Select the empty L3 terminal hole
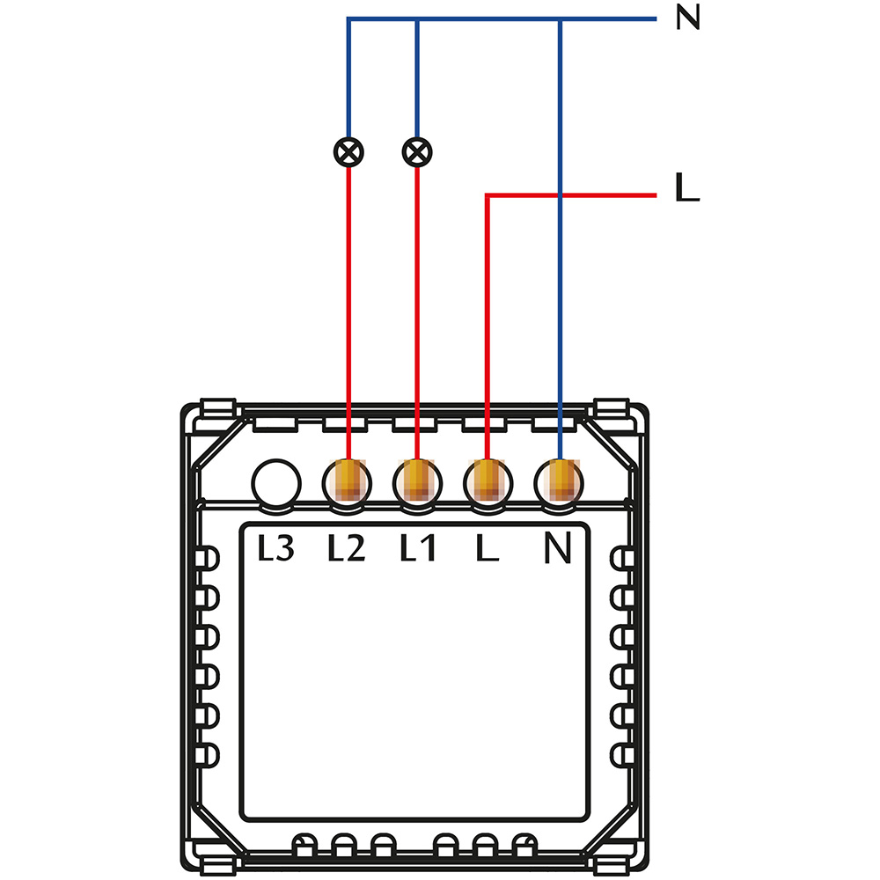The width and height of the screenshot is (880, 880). tap(276, 483)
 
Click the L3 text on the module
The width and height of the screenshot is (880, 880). tap(275, 550)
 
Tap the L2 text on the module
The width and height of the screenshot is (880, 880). tap(346, 550)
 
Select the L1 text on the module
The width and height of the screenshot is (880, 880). tap(417, 550)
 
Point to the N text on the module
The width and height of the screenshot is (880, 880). tap(558, 550)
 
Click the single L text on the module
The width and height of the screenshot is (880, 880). tap(487, 550)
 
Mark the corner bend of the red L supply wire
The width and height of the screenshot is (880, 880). tap(488, 194)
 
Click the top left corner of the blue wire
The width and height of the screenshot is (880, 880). tap(349, 19)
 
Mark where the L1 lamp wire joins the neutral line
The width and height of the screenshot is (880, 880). tap(417, 19)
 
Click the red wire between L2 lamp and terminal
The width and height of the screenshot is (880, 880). tap(349, 308)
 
